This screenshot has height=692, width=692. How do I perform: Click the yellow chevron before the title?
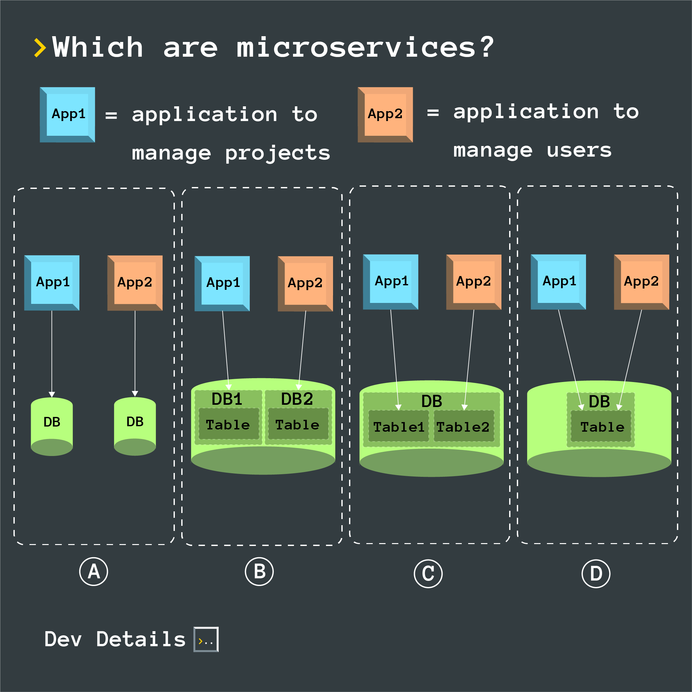point(40,48)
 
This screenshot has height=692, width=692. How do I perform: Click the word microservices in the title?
point(355,48)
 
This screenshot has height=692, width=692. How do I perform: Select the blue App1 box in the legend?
point(67,115)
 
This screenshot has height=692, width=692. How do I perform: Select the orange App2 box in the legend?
point(385,115)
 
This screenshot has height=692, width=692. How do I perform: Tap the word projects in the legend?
point(277,153)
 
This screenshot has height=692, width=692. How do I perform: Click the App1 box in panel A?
point(52,283)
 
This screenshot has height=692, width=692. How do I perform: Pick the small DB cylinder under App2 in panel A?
point(135,426)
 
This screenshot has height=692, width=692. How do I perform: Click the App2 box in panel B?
point(305,283)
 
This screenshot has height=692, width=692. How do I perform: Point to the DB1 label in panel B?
point(227,399)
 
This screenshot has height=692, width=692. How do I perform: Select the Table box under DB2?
point(297,424)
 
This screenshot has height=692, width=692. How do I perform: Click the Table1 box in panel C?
point(398,427)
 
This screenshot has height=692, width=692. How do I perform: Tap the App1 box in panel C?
point(390,282)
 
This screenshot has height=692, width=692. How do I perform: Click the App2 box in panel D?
point(641,282)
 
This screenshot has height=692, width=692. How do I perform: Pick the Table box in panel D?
point(601,427)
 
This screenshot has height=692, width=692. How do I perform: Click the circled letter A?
point(94,571)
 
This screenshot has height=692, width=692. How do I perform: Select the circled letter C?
point(428,574)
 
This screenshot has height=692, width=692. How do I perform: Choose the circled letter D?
point(596,574)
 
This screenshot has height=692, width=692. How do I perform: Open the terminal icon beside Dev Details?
point(206,639)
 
